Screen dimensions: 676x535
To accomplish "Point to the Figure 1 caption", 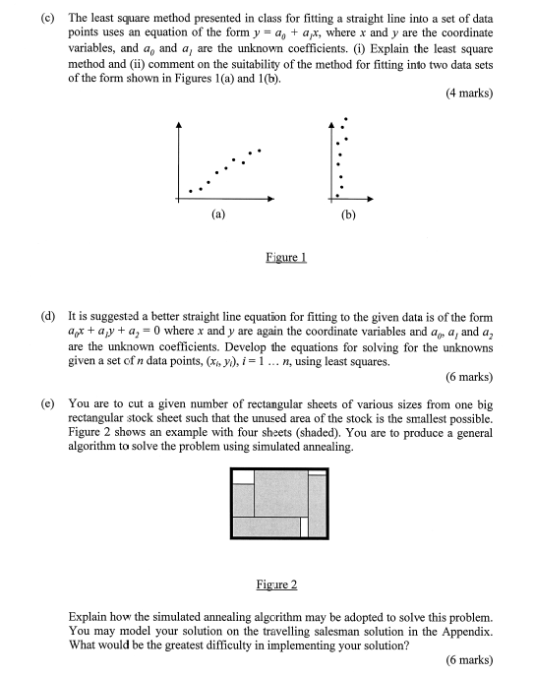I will pos(287,258).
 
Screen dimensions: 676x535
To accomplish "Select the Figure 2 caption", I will pos(276,584).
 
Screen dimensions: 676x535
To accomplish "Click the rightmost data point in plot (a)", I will pos(260,152).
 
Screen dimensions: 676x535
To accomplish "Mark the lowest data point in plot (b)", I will pos(341,189).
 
